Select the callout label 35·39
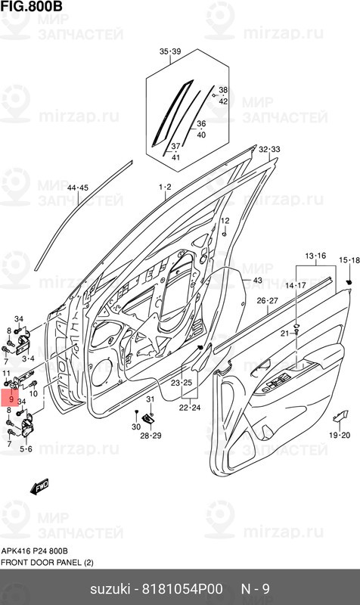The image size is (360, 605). [170, 51]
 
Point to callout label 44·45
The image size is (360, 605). [78, 188]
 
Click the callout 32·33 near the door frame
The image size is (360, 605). [269, 150]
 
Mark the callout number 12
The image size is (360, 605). [224, 220]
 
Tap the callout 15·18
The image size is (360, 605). [349, 260]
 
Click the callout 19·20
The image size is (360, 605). [340, 436]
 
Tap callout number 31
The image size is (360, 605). [150, 399]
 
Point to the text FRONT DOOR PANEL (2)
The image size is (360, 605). [47, 562]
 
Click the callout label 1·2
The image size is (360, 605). [165, 186]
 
